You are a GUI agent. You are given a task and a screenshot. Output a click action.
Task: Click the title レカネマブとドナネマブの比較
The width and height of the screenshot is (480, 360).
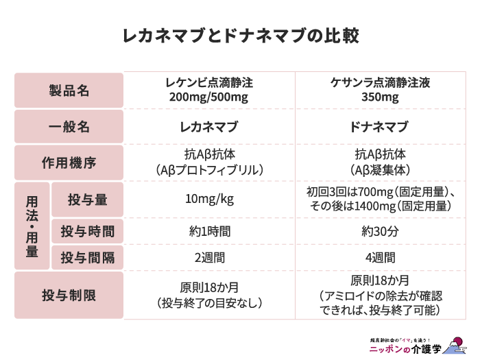pyautogui.click(x=240, y=36)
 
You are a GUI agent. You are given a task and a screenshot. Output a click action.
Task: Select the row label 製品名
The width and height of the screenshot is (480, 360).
pyautogui.click(x=69, y=91)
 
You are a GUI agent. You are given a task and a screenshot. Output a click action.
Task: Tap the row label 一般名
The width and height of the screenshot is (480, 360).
pyautogui.click(x=69, y=127)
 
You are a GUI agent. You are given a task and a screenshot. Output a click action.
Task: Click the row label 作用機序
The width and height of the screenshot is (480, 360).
pyautogui.click(x=69, y=163)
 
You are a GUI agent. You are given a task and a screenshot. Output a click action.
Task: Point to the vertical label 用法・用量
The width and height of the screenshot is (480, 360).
pyautogui.click(x=32, y=226)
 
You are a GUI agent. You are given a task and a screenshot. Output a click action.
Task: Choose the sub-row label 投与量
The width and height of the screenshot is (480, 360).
pyautogui.click(x=87, y=200)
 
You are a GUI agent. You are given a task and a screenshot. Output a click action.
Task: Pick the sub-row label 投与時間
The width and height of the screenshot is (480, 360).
pyautogui.click(x=87, y=231)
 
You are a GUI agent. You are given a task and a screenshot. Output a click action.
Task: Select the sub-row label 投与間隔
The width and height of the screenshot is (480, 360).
pyautogui.click(x=87, y=258)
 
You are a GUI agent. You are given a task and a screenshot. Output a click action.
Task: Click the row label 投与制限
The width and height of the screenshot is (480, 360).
pyautogui.click(x=69, y=296)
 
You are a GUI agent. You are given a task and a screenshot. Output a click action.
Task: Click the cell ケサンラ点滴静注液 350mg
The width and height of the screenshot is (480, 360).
pyautogui.click(x=380, y=90)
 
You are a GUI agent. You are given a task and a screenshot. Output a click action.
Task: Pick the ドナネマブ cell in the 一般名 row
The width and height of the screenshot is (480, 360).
pyautogui.click(x=380, y=127)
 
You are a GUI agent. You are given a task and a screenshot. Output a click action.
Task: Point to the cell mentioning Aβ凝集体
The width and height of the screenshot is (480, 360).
pyautogui.click(x=380, y=163)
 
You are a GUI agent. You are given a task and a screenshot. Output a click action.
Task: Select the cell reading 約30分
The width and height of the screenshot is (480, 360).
pyautogui.click(x=380, y=231)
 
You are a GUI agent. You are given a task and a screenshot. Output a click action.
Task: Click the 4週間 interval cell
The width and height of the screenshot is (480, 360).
pyautogui.click(x=380, y=258)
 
